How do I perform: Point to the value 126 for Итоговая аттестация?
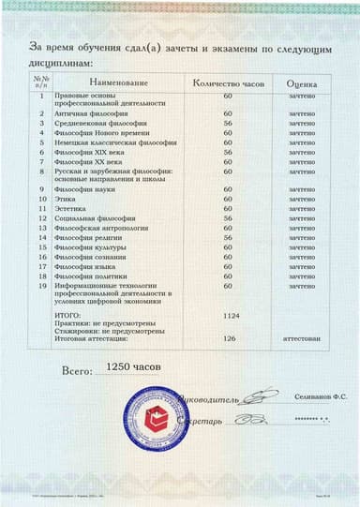tap(228, 338)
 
